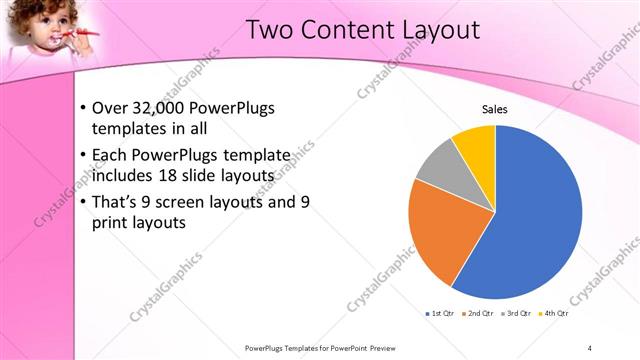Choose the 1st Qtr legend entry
coord(440,314)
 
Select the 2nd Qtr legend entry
coord(478,314)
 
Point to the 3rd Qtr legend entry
coord(516,314)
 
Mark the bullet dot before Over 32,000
coord(80,109)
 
